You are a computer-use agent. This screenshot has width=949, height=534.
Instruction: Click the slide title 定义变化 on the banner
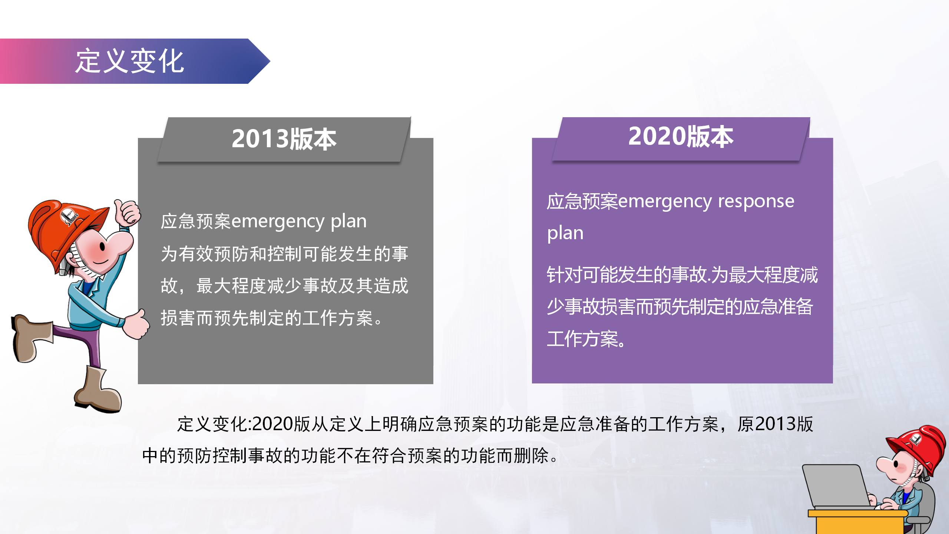coord(129,61)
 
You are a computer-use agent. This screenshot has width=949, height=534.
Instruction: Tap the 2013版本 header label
coord(284,139)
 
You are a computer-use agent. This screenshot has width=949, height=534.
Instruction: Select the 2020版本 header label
coord(681,136)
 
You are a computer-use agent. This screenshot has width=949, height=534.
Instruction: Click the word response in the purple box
coord(756,202)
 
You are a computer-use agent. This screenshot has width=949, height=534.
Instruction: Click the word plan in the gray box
coord(348,222)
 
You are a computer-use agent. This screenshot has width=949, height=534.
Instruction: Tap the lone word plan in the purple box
coord(565,234)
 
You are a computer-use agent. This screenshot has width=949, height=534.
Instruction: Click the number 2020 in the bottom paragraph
coord(272,424)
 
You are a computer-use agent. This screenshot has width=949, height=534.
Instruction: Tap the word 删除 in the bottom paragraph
coord(532,456)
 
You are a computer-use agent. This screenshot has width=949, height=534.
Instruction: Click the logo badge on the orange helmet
coord(69,217)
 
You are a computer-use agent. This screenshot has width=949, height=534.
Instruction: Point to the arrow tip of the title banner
coord(270,61)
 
